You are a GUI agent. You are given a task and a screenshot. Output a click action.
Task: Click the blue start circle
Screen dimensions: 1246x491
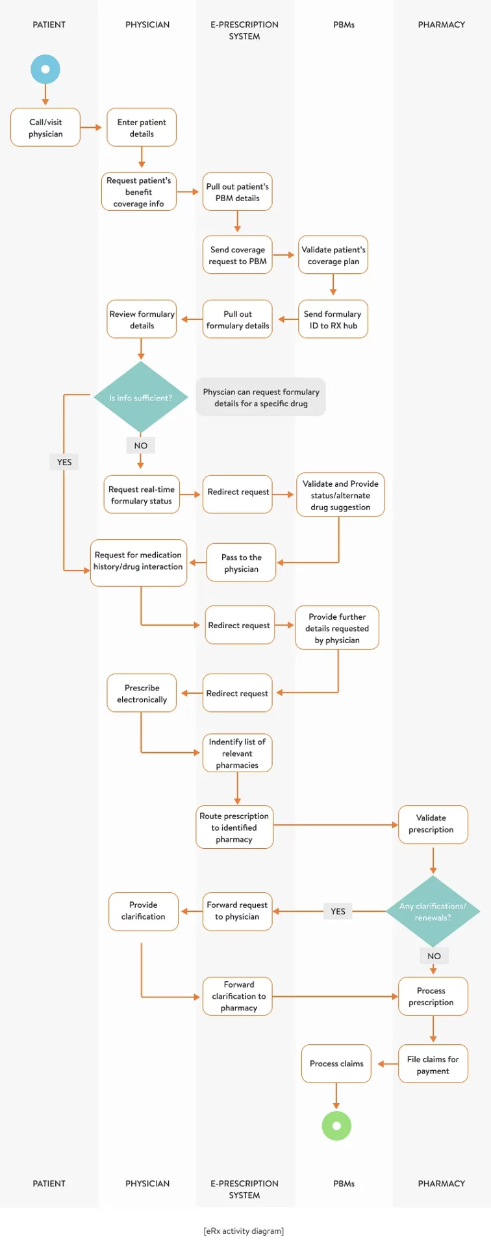(45, 69)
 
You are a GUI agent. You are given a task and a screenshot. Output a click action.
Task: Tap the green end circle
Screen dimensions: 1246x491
(336, 1126)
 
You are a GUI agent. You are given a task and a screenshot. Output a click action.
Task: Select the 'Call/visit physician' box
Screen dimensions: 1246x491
(45, 127)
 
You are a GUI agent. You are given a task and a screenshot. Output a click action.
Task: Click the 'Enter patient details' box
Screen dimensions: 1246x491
(142, 127)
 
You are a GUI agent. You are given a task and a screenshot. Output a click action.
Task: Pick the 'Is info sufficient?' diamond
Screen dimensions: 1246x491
(140, 398)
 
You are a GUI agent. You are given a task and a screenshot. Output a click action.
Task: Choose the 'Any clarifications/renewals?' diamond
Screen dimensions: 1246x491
(433, 911)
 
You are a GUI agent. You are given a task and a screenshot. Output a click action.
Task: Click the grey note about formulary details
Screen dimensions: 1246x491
(261, 397)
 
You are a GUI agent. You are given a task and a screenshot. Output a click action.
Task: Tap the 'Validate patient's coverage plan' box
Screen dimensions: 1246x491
(333, 255)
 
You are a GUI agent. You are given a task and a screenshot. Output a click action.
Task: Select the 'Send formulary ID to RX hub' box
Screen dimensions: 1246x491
(333, 319)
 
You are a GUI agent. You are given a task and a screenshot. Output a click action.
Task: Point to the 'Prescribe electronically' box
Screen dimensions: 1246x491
(142, 693)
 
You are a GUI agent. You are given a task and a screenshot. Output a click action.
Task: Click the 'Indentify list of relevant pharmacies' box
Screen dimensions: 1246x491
(237, 753)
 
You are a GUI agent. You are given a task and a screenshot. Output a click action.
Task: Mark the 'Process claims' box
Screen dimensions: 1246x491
(336, 1064)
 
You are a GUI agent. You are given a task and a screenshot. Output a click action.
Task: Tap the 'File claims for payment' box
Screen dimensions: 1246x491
(433, 1065)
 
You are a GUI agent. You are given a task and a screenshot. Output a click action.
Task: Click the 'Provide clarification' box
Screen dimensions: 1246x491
(143, 911)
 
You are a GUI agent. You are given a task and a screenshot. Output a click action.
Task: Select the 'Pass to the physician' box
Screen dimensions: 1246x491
(241, 563)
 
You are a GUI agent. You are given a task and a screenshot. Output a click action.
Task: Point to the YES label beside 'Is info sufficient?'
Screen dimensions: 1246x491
(64, 462)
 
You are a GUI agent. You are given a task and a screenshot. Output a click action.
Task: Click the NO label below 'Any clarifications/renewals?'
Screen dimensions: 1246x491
(434, 956)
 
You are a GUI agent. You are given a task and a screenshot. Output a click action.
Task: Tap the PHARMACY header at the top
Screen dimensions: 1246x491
(441, 25)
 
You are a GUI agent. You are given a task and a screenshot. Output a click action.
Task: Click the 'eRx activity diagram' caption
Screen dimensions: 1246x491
(244, 1231)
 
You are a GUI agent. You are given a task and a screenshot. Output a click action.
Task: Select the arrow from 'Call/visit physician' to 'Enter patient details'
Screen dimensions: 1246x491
(92, 127)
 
